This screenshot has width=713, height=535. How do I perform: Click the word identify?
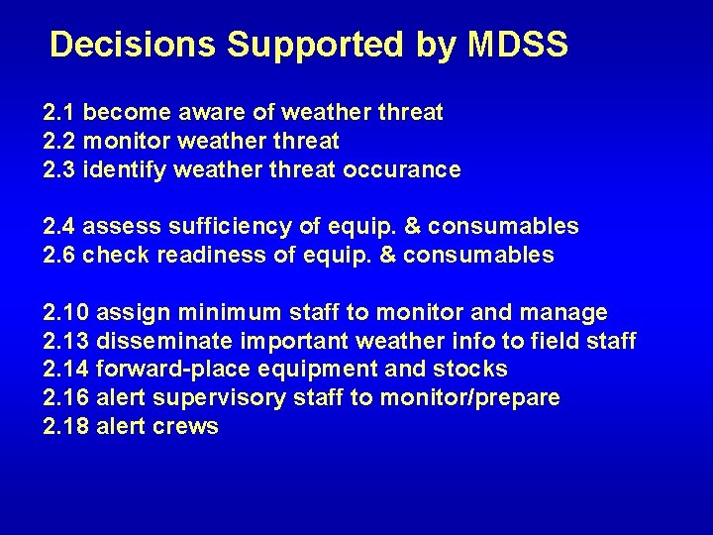click(125, 170)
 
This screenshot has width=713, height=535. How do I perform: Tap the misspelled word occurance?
click(401, 170)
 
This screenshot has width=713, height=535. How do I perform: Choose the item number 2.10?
click(66, 313)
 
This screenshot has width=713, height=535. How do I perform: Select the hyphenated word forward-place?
click(161, 370)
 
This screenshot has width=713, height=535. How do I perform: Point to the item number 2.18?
click(66, 427)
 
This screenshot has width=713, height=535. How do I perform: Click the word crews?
click(186, 427)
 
